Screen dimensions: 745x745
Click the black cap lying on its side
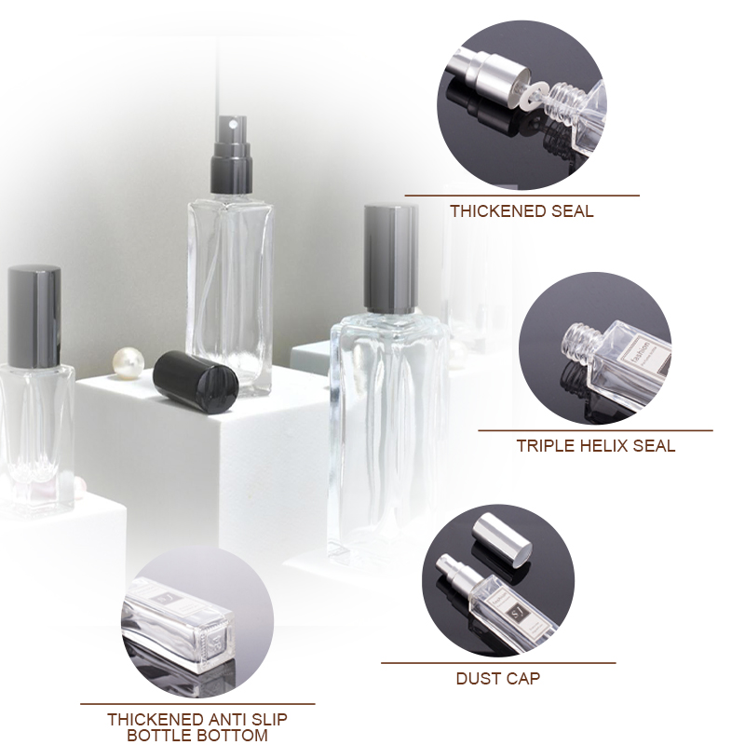click(196, 377)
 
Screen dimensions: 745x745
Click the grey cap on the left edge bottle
click(34, 303)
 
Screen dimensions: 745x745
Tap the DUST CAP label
click(497, 678)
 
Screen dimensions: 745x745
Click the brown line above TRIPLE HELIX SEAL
click(595, 430)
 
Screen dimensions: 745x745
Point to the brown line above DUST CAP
click(497, 663)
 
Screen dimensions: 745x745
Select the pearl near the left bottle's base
click(78, 485)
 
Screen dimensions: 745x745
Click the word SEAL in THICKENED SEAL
click(573, 211)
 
